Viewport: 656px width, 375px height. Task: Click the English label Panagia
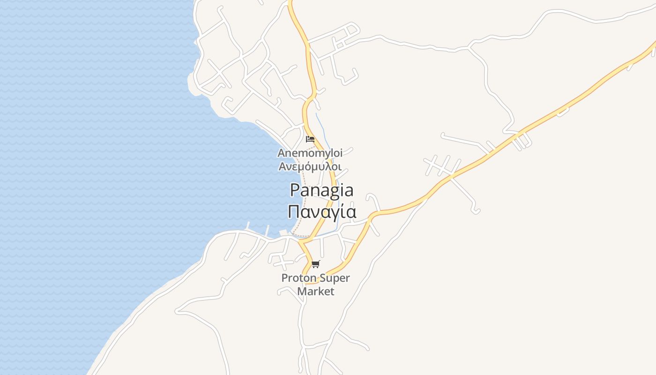click(x=321, y=190)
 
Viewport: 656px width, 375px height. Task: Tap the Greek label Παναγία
click(x=322, y=211)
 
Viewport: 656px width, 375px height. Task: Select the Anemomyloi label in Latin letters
click(x=310, y=153)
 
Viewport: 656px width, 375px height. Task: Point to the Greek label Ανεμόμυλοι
click(x=310, y=166)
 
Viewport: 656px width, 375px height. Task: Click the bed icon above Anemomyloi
click(x=310, y=139)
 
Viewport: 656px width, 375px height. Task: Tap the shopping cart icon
click(x=316, y=264)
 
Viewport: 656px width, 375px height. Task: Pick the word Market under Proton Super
click(x=316, y=291)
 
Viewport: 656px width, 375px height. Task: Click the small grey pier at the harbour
click(x=283, y=233)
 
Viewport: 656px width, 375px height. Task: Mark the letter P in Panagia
click(x=295, y=190)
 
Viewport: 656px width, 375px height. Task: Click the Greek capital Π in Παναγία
click(x=294, y=211)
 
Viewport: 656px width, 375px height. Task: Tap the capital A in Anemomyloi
click(x=282, y=153)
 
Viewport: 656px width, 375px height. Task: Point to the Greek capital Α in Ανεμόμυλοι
click(x=283, y=166)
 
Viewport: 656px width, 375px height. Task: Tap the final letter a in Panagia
click(x=348, y=191)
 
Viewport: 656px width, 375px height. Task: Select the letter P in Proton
click(x=284, y=278)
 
